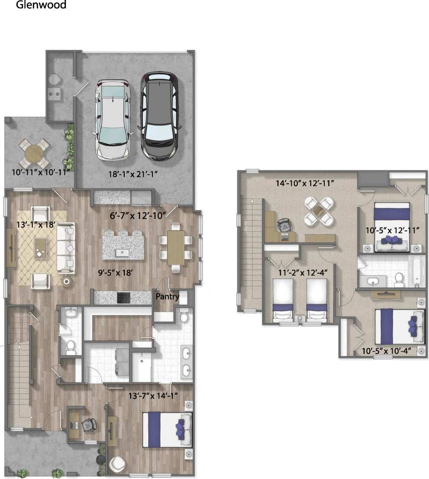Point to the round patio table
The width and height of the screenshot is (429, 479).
tap(34, 153)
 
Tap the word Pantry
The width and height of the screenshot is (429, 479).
tap(168, 297)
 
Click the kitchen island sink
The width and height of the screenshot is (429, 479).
tap(121, 252)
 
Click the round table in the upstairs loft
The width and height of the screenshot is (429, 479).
tap(319, 211)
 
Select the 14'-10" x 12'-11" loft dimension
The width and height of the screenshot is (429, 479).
tap(305, 183)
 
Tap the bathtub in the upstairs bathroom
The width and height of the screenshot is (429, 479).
tap(416, 272)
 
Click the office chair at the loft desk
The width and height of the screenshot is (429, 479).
tap(283, 224)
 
